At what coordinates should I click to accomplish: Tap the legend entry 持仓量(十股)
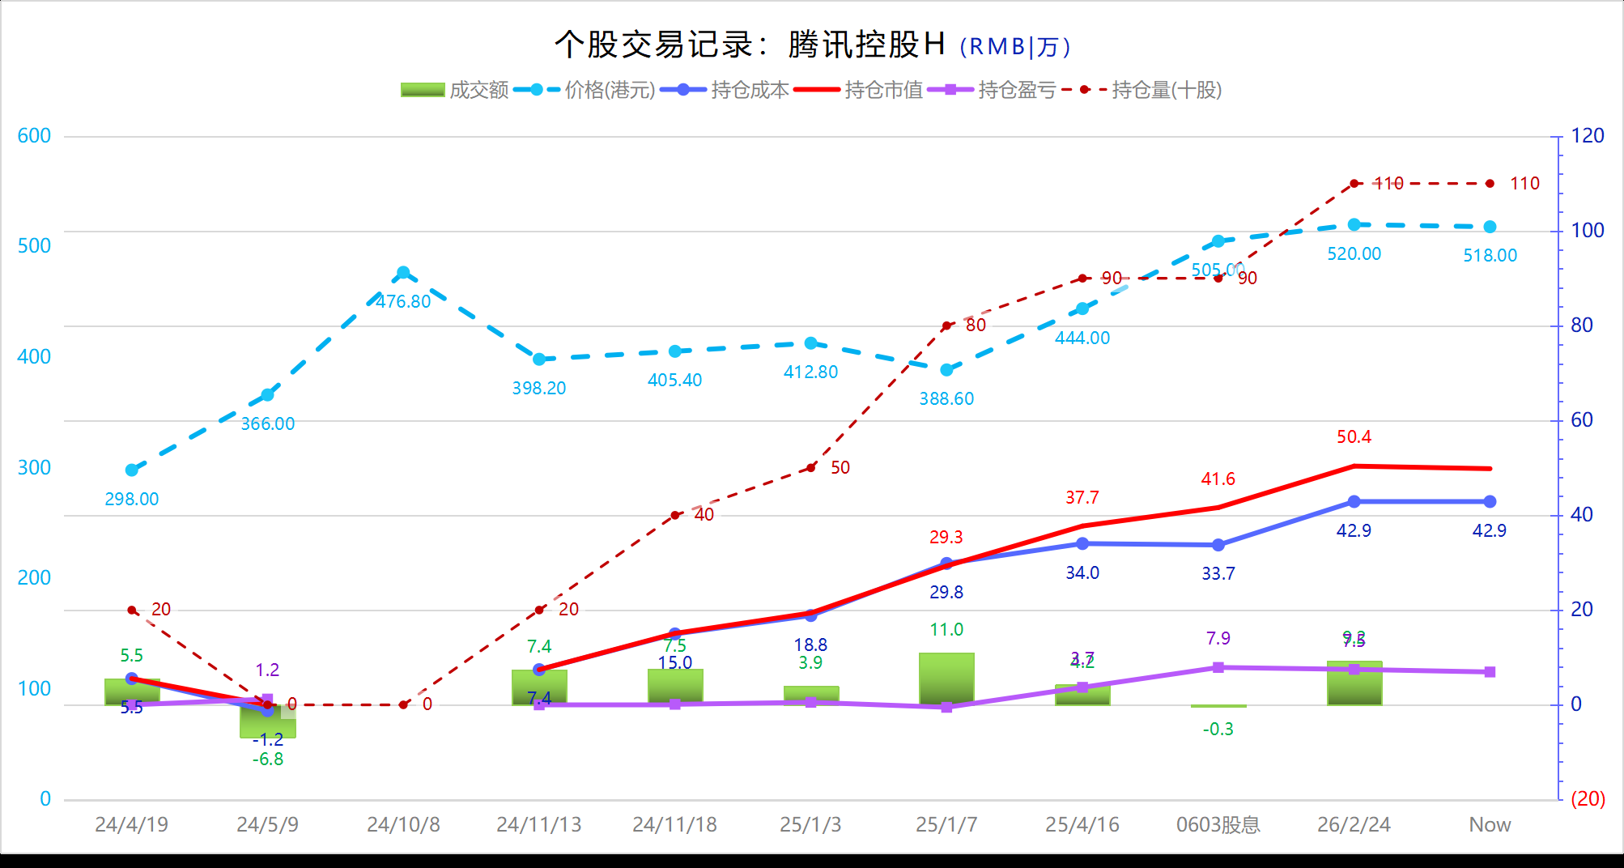click(x=1141, y=90)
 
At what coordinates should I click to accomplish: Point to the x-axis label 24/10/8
click(x=403, y=824)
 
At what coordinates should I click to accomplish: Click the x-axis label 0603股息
click(x=1218, y=824)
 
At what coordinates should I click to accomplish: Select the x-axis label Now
click(x=1490, y=824)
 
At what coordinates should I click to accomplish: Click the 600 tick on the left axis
click(x=34, y=136)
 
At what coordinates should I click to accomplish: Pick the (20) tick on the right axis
click(x=1588, y=799)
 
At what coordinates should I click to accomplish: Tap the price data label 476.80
click(x=403, y=302)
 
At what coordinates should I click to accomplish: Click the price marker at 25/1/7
click(x=946, y=370)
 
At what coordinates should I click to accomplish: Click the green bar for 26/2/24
click(x=1354, y=684)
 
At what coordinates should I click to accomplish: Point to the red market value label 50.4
click(x=1354, y=437)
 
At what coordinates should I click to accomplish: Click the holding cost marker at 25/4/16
click(x=1082, y=543)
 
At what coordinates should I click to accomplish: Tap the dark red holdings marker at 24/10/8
click(x=403, y=704)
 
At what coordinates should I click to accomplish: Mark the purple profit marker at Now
click(x=1490, y=672)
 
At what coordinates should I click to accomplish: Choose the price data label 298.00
click(x=132, y=500)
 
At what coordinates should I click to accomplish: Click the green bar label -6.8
click(x=268, y=759)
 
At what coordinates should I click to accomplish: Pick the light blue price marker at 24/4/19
click(x=132, y=470)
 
